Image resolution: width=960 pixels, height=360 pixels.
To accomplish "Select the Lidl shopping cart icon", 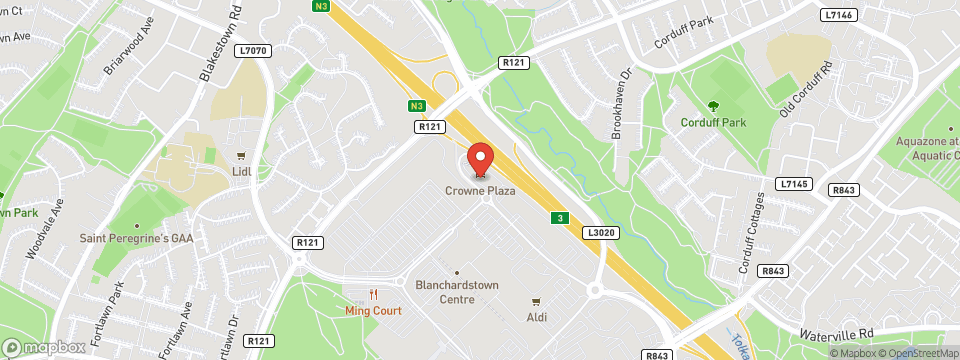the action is tap(240, 156).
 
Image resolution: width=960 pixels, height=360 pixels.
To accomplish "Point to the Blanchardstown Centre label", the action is tap(456, 290).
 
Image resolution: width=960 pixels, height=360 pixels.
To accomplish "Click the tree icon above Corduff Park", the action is tap(713, 105).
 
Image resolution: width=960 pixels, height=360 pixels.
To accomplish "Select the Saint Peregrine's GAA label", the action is tap(136, 238).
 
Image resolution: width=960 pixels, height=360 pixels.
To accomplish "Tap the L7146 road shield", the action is tap(838, 16).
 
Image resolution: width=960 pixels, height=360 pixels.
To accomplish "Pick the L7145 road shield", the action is tap(792, 184).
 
